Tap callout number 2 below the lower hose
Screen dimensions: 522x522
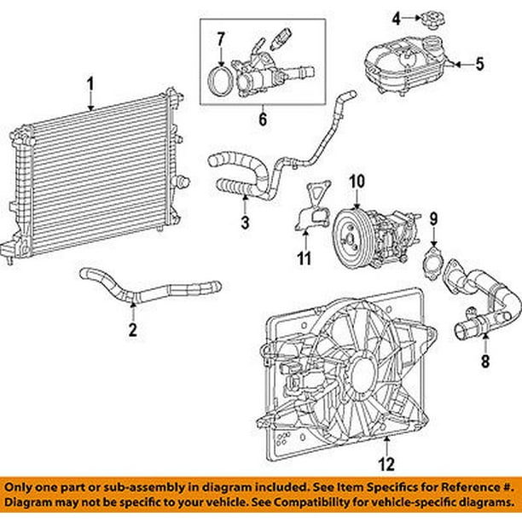tap(132, 329)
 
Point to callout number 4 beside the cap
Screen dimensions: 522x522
tap(395, 16)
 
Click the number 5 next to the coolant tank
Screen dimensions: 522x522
tap(478, 62)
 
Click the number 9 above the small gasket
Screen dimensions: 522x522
tap(433, 220)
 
